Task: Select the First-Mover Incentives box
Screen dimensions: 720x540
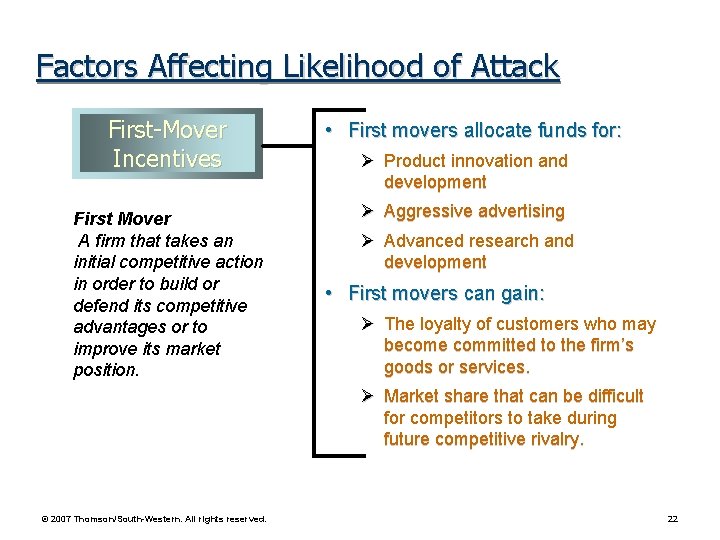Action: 167,143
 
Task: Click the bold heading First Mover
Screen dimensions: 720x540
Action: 122,218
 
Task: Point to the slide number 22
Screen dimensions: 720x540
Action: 673,518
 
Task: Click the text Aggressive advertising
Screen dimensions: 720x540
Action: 474,211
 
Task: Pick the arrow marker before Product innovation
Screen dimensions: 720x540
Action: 368,160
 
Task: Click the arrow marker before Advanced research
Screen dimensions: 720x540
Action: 368,241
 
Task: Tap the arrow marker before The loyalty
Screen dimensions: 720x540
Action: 368,324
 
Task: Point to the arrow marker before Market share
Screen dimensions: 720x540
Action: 368,396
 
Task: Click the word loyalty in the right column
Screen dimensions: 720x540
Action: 444,324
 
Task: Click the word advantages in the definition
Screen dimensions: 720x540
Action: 119,327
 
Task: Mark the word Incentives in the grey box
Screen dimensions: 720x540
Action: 167,158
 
